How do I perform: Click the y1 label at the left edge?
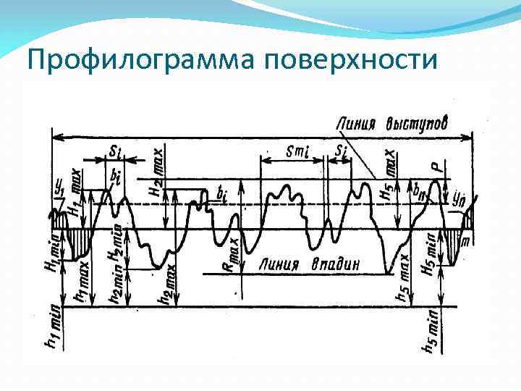59,188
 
